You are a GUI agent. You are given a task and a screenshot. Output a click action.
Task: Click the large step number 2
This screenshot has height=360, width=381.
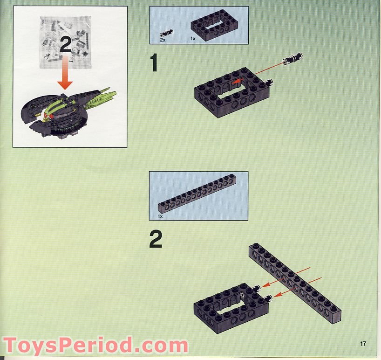(x=156, y=240)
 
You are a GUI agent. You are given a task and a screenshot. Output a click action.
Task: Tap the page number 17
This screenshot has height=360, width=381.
(x=363, y=344)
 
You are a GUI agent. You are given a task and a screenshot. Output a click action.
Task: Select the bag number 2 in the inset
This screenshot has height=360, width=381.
(x=66, y=45)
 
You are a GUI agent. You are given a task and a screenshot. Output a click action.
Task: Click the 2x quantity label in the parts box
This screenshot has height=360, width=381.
(x=163, y=41)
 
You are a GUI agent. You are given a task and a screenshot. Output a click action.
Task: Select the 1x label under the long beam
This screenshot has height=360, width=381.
(x=160, y=216)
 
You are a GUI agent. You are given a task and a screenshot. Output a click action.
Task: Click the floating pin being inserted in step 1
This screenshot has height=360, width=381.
(x=293, y=59)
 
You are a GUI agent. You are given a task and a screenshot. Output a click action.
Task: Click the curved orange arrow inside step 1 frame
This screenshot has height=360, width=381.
(x=237, y=82)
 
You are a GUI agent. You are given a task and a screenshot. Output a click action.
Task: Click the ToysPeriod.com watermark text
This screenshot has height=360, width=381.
(x=95, y=346)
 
